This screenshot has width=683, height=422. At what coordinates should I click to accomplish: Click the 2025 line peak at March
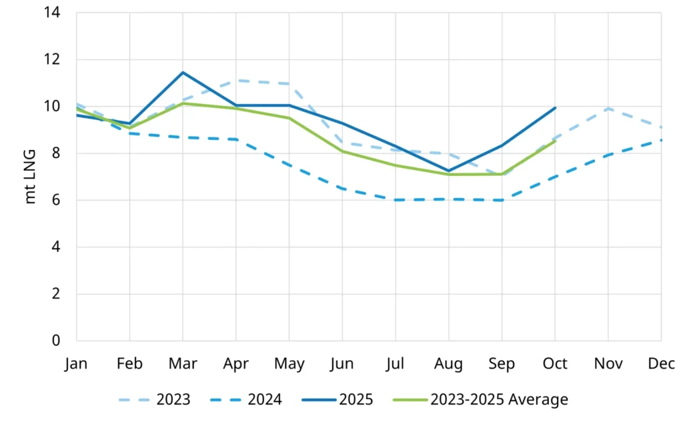point(182,72)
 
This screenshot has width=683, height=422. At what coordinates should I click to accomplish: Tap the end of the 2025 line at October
point(555,107)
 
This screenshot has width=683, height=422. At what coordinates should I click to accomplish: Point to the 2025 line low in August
point(448,171)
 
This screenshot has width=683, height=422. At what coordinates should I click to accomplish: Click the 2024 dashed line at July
point(396,200)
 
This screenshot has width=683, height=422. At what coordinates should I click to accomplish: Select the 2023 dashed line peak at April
point(235,81)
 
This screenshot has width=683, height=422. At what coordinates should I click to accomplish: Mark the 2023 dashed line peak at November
point(608,108)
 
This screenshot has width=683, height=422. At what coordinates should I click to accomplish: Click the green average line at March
point(182,103)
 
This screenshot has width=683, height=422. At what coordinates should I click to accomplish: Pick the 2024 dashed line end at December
point(660,140)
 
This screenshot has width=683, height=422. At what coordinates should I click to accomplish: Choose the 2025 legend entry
point(337,400)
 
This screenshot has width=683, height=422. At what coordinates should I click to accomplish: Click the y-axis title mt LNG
point(31,177)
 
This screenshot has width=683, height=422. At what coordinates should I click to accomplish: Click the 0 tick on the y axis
point(57,341)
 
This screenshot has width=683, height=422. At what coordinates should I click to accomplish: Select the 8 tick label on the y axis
point(57,153)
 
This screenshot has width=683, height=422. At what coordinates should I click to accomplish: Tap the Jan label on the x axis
point(76,363)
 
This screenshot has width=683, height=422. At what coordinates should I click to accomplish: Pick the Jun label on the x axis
point(342,363)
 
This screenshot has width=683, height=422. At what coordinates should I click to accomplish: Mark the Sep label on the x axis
point(502,363)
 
